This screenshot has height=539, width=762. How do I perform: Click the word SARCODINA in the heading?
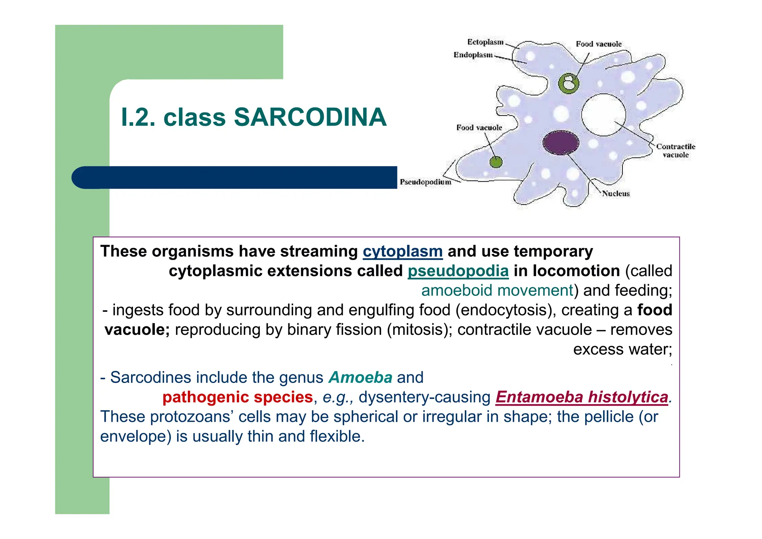[x=310, y=117]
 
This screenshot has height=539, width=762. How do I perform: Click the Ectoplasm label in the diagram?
[x=485, y=42]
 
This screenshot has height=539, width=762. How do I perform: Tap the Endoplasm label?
[x=473, y=55]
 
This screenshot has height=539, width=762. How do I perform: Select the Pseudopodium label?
[x=425, y=182]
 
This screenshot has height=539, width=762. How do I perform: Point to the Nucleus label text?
[x=616, y=194]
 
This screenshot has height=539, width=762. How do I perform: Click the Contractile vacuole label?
[x=675, y=150]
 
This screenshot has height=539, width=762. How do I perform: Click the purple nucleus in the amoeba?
[x=561, y=143]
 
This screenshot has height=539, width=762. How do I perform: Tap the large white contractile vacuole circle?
[x=603, y=115]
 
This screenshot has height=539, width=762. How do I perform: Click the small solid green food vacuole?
[x=496, y=162]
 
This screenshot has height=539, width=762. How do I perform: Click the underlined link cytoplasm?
[x=403, y=251]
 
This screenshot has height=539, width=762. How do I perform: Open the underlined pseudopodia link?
[x=458, y=271]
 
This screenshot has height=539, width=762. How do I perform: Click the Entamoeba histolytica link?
[x=582, y=397]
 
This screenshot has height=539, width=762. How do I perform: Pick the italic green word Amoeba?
[x=360, y=377]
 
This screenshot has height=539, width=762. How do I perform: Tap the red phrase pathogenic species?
[x=237, y=397]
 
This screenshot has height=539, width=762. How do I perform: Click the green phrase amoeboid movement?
[x=497, y=291]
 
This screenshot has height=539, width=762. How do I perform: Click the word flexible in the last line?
[x=336, y=437]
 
